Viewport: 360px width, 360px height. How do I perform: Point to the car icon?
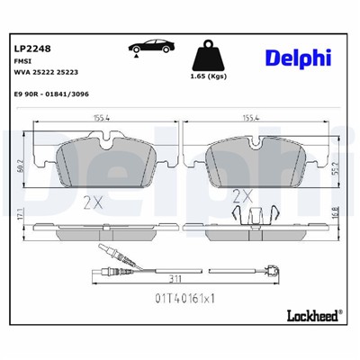click(x=148, y=51)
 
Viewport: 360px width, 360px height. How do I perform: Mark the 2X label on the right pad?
click(x=242, y=194)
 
